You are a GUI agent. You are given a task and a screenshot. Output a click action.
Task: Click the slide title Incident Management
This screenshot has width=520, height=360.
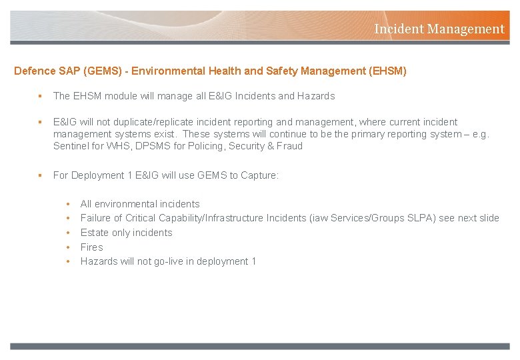439,29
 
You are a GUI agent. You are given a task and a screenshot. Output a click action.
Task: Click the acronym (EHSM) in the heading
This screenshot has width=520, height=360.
387,71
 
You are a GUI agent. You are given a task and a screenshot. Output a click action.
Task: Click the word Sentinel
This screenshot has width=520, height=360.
74,146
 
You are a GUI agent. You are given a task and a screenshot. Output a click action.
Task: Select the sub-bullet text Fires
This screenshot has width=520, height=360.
91,247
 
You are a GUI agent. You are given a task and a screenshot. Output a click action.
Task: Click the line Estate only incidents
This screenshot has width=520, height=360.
126,233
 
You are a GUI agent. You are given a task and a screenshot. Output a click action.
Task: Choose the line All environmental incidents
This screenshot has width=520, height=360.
140,204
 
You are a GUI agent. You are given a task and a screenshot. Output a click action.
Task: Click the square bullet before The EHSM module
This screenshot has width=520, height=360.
41,96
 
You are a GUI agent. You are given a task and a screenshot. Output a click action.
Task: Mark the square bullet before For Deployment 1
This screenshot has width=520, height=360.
41,175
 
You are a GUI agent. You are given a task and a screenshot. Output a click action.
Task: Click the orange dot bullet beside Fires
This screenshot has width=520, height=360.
68,247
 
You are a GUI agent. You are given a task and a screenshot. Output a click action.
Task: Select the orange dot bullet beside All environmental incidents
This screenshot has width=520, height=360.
68,204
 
